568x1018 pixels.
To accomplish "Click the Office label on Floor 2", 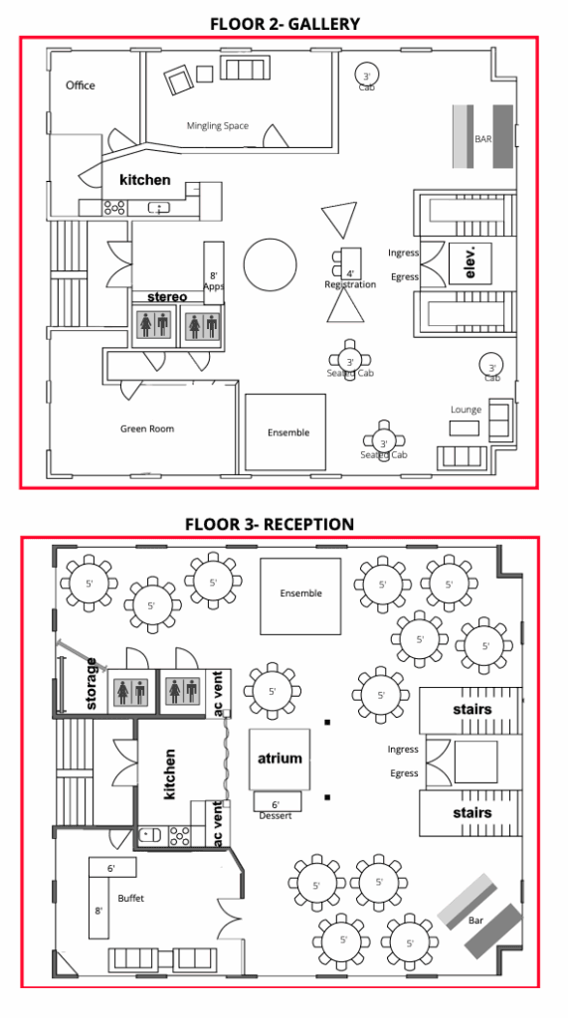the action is coord(80,85).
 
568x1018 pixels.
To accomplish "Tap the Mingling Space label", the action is coord(218,126).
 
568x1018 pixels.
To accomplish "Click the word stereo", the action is coord(167,296).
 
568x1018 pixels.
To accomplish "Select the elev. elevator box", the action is coord(471,262).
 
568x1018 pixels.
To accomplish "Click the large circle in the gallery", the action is coord(271,264).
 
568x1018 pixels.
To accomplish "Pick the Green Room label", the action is coord(147,428).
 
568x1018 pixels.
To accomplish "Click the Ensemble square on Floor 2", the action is coord(285,431).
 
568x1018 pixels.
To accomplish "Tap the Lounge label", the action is coord(466,410).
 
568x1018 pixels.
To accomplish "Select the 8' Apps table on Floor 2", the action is coord(214,272).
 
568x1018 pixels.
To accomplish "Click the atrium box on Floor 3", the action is coord(280,759).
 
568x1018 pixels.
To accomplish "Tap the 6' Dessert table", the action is coord(277,801).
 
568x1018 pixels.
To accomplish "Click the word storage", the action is coord(92,684).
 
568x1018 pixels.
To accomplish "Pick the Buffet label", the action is coord(130,899).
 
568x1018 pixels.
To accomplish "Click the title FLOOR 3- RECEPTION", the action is coord(270,524).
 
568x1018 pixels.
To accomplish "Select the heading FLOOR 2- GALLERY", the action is coord(284,24).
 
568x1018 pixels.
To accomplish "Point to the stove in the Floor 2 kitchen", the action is coord(115,208).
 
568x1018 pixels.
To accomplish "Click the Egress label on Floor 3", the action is coord(404,773).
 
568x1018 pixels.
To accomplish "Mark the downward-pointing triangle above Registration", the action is coord(340,219).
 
